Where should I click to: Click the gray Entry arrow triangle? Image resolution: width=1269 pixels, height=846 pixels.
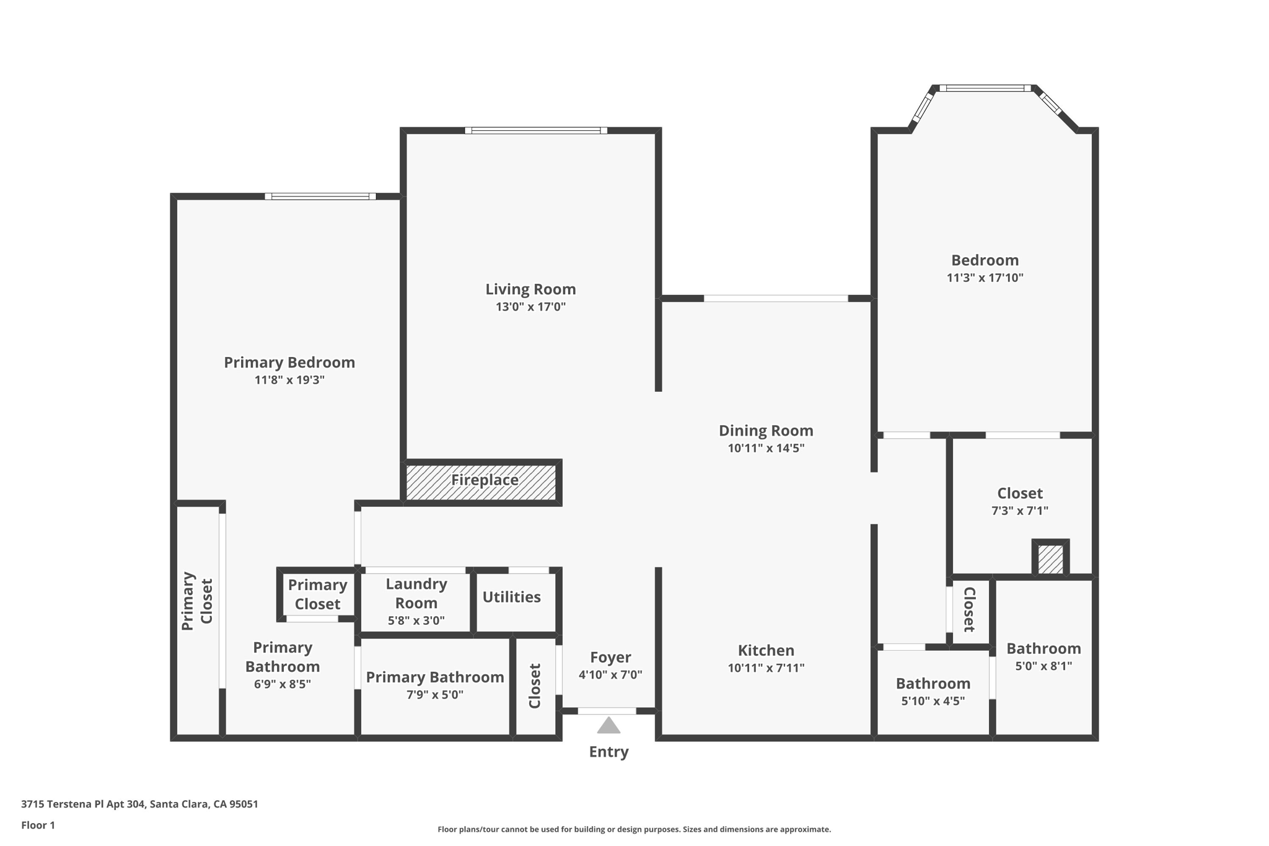608,725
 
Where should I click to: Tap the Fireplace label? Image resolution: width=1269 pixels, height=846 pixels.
485,480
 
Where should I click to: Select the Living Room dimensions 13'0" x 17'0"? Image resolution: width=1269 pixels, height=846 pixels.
530,307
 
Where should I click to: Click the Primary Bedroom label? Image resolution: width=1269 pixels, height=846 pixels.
289,363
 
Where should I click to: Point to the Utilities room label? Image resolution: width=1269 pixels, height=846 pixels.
511,597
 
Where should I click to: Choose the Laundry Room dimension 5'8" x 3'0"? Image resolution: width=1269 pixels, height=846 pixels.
416,620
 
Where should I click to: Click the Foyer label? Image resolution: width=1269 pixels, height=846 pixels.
610,657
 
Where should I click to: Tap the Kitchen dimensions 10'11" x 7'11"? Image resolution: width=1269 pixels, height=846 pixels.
766,668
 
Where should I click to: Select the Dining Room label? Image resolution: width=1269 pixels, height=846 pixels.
766,431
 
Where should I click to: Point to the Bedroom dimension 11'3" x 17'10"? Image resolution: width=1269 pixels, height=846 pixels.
985,278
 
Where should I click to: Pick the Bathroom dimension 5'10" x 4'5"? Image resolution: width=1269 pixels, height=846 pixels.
933,702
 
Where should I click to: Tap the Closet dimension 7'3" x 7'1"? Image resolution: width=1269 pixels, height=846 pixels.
1019,511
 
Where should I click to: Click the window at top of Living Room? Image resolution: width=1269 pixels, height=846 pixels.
536,130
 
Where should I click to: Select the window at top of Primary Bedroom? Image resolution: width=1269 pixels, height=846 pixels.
320,196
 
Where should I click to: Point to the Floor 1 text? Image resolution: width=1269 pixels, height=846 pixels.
38,825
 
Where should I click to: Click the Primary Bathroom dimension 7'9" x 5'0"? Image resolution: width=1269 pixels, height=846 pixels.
434,695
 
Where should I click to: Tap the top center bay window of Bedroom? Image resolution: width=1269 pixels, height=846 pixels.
985,88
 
